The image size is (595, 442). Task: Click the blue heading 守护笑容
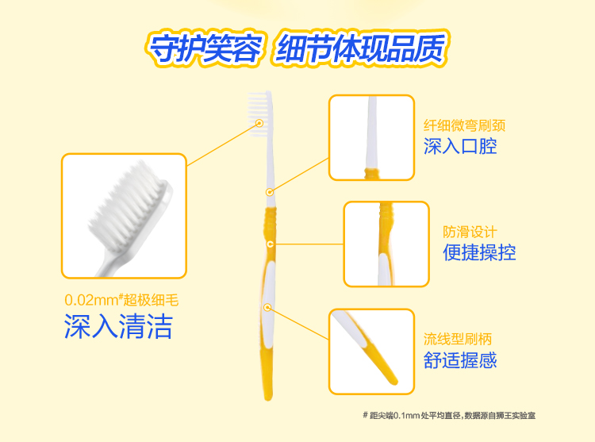205,49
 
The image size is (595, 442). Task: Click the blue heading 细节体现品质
360,48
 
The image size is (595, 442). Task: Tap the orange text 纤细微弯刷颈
464,125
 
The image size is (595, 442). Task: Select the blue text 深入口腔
460,146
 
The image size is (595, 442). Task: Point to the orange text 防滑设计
470,232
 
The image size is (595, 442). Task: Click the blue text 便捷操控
480,252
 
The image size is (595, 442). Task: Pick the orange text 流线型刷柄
458,339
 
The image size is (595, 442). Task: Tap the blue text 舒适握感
460,360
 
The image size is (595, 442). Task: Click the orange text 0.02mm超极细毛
121,300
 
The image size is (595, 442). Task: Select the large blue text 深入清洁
118,326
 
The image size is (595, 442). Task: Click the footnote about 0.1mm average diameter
449,416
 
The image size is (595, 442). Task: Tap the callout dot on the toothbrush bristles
259,123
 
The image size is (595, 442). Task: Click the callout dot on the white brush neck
270,192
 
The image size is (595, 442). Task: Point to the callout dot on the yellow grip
271,244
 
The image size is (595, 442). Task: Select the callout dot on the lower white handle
267,307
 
